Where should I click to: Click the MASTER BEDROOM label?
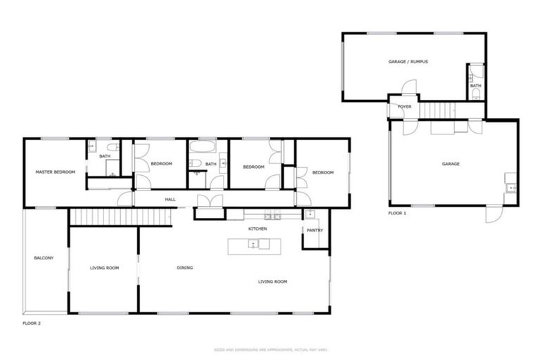(56, 172)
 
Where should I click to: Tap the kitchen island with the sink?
(254, 245)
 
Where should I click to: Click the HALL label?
(170, 200)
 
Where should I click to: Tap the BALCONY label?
(44, 258)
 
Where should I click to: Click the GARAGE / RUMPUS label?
(408, 62)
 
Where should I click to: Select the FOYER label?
(404, 107)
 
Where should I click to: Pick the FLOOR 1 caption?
(397, 212)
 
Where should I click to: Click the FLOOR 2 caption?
(32, 323)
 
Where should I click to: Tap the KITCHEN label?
(257, 229)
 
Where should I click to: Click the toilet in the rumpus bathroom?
(476, 92)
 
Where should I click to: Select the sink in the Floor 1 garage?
(511, 188)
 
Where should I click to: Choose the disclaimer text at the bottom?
(270, 349)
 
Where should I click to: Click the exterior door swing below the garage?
(494, 214)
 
